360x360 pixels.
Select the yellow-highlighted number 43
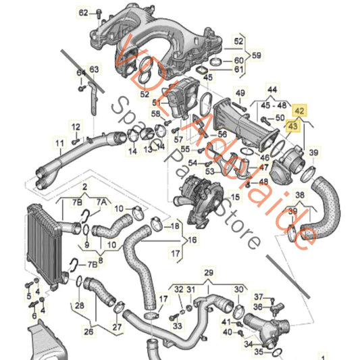click(x=292, y=125)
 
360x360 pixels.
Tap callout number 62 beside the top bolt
click(x=83, y=13)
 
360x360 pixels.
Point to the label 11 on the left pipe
click(x=59, y=143)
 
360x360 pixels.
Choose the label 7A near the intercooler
click(x=101, y=202)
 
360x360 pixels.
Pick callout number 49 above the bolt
click(x=240, y=93)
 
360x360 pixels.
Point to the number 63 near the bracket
click(x=94, y=68)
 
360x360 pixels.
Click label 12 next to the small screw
click(x=76, y=126)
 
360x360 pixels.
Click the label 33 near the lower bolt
click(x=178, y=307)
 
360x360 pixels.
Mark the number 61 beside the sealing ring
click(x=239, y=69)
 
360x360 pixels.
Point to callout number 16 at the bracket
click(x=192, y=240)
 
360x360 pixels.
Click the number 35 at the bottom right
click(x=259, y=352)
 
